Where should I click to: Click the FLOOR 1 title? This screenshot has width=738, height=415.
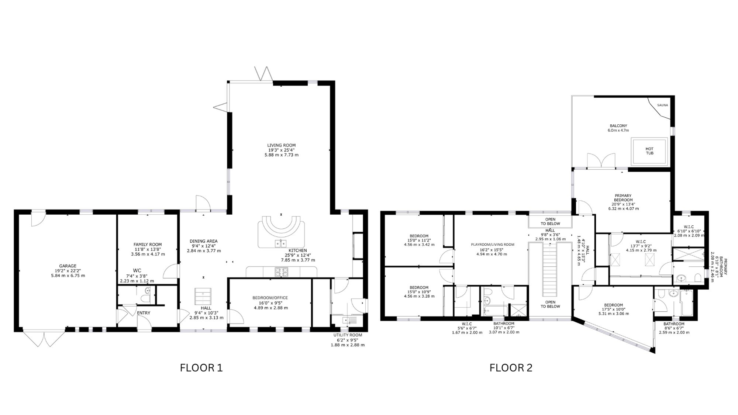pyautogui.click(x=201, y=368)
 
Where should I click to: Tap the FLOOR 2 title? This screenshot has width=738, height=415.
pyautogui.click(x=511, y=368)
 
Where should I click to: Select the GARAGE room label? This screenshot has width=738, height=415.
pyautogui.click(x=68, y=266)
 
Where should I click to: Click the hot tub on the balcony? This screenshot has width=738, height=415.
pyautogui.click(x=649, y=151)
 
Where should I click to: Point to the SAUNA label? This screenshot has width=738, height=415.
pyautogui.click(x=662, y=105)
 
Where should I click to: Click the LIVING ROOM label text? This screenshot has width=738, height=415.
pyautogui.click(x=282, y=145)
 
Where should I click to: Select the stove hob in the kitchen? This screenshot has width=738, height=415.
pyautogui.click(x=282, y=272)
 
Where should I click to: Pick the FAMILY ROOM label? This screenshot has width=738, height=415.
pyautogui.click(x=148, y=245)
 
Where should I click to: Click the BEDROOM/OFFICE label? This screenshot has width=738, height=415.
pyautogui.click(x=270, y=298)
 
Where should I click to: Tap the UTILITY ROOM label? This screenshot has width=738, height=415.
pyautogui.click(x=348, y=335)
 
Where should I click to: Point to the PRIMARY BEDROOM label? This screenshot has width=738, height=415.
pyautogui.click(x=623, y=198)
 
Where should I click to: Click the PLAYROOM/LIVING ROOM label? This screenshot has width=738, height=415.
pyautogui.click(x=493, y=245)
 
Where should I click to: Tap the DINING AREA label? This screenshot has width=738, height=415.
pyautogui.click(x=204, y=241)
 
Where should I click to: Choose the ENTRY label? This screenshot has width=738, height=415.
pyautogui.click(x=144, y=313)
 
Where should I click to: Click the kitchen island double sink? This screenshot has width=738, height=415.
pyautogui.click(x=281, y=243)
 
